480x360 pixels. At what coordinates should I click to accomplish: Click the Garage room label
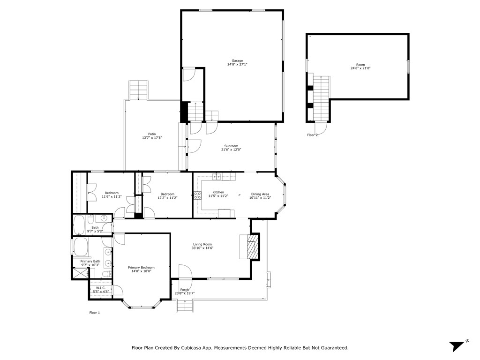click(237, 60)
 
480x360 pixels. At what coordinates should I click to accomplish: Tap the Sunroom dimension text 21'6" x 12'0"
click(231, 150)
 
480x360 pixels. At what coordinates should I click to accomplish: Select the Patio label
click(152, 134)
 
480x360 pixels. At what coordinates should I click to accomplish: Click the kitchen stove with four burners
click(197, 195)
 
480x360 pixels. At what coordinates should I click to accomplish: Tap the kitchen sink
click(217, 177)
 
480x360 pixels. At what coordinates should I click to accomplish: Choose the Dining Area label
click(260, 194)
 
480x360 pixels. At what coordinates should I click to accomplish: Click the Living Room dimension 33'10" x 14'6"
click(202, 248)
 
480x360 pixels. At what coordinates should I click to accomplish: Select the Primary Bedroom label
click(141, 268)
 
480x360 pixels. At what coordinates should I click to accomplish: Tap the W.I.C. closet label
click(101, 288)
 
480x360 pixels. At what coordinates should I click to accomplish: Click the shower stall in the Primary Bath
click(80, 273)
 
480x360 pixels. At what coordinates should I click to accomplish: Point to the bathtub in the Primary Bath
click(81, 247)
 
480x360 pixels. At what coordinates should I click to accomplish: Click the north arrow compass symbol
click(457, 346)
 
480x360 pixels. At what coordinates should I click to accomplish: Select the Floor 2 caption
click(312, 135)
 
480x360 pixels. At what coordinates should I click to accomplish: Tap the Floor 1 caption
click(95, 313)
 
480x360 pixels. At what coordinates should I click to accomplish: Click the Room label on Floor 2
click(360, 65)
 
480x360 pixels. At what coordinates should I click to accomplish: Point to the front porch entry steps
click(185, 306)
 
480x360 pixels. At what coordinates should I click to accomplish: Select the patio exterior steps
click(139, 90)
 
